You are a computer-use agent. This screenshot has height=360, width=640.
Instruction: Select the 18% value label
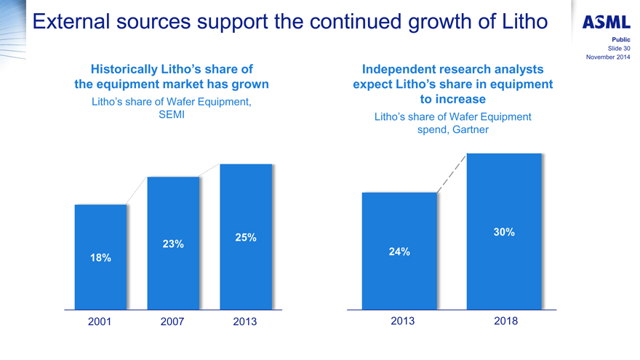click(x=100, y=257)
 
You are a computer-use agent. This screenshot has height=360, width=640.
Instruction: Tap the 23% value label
click(x=172, y=244)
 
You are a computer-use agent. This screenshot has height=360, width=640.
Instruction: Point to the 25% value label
click(x=246, y=237)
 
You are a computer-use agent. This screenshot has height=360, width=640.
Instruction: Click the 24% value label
click(x=399, y=252)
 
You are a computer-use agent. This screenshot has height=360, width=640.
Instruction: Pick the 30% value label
click(x=504, y=232)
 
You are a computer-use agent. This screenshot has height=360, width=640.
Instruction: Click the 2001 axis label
click(x=100, y=321)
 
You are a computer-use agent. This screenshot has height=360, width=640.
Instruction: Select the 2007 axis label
click(x=172, y=321)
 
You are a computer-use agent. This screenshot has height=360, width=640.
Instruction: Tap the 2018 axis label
click(x=505, y=321)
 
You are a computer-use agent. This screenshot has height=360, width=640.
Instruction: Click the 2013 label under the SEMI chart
click(x=245, y=321)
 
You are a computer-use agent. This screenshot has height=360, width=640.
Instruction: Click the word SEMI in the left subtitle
click(x=172, y=116)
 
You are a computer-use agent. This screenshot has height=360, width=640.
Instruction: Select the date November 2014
click(x=607, y=57)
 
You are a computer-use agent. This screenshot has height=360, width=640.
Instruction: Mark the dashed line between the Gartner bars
click(x=452, y=173)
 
